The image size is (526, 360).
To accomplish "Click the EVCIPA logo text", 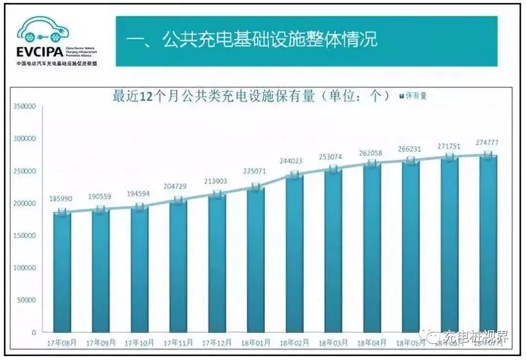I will click(39, 51).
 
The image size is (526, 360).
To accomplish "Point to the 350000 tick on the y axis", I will click(24, 106).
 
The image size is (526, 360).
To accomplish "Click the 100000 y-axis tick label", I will click(24, 267).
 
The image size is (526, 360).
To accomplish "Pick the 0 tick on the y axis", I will click(34, 332).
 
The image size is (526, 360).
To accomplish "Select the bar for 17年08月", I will click(62, 273).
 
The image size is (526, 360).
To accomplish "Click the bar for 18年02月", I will click(295, 253).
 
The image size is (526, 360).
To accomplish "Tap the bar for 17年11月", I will click(178, 265).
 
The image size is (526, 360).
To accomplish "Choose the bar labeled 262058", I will click(372, 248).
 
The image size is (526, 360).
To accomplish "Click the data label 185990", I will click(61, 199).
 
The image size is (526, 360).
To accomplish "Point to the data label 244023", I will click(295, 161).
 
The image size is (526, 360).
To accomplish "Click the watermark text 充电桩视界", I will click(475, 337).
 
